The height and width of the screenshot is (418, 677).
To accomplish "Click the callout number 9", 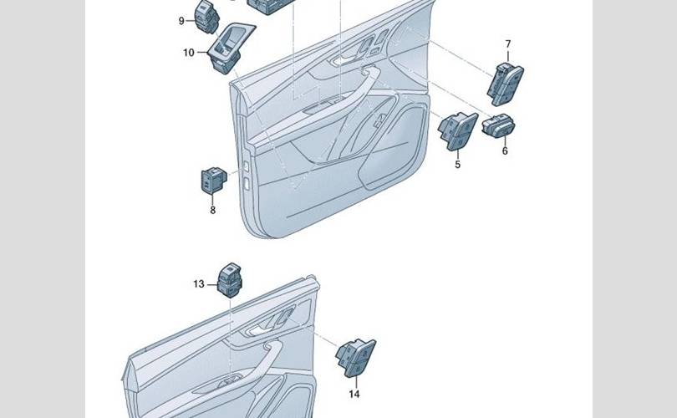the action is coord(181,21).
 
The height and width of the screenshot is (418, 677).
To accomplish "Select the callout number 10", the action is coord(189,53).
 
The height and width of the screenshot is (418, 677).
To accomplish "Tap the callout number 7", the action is coord(508,44).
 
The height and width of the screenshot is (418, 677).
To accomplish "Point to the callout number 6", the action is coord(505,150).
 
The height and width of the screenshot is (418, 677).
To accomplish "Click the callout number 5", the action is coord(458,165).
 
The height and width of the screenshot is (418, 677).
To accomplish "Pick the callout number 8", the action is coord(213,211).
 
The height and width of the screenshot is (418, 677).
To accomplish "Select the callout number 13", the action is coord(199,284).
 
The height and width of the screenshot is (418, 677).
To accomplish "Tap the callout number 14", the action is coord(354,394).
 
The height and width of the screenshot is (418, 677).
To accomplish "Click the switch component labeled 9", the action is coord(206,17).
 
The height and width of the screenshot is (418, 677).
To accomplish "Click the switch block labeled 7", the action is coord(505,84).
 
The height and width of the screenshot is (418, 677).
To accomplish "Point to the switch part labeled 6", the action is coord(498,125).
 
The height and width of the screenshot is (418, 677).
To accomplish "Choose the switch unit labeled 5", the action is coord(458,131).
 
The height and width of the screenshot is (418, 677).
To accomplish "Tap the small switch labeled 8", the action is coord(214,180).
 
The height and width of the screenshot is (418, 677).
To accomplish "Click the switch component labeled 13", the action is coord(229,280).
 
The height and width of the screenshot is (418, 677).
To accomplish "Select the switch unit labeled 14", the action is coord(356,358).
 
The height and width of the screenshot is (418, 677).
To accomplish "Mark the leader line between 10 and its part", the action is coord(202,52).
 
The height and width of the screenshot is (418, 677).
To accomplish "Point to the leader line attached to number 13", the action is coord(212,284).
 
